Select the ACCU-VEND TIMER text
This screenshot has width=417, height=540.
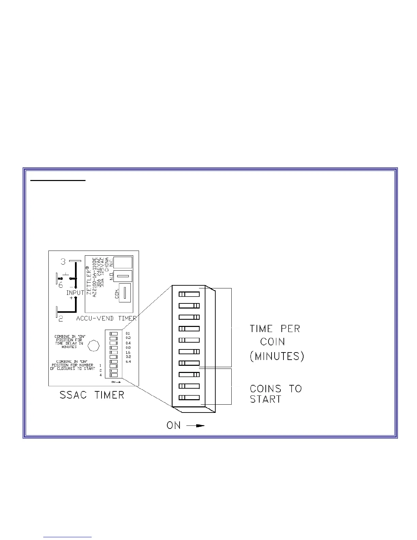tap(106, 318)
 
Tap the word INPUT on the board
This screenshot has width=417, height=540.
tap(75, 293)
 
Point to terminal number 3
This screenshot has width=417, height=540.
tap(63, 262)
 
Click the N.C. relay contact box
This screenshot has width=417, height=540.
tap(123, 263)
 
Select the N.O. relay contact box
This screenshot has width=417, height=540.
tap(123, 276)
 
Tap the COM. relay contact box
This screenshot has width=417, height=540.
tap(124, 292)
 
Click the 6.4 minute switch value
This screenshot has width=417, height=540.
tap(128, 361)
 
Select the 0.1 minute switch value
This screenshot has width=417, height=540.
tap(128, 333)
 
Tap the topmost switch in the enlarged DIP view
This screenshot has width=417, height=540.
tap(189, 294)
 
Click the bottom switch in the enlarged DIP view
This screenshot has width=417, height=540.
tap(189, 397)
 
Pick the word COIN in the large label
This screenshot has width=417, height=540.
tap(273, 342)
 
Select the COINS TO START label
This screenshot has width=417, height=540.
tap(276, 394)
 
